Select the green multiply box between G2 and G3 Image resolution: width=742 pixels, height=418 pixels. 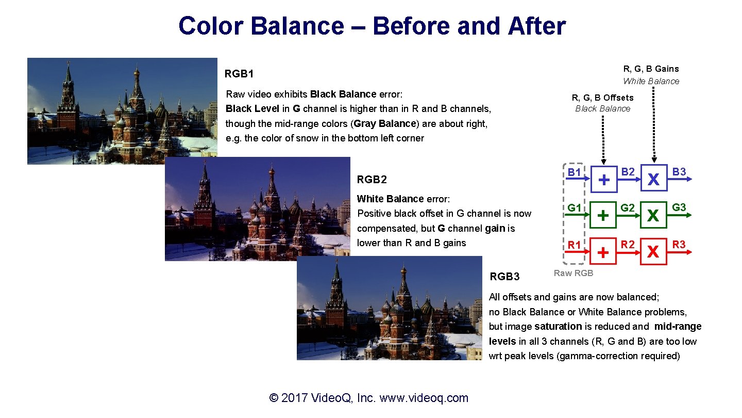(x=653, y=215)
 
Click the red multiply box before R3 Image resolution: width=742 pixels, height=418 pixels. (x=653, y=251)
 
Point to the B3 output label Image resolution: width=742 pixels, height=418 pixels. (x=679, y=172)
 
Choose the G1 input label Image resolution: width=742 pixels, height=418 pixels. (x=575, y=208)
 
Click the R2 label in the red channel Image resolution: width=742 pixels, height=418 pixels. (x=627, y=244)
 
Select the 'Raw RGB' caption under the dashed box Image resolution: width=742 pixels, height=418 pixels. (x=573, y=273)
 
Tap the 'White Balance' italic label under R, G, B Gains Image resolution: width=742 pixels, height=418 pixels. (x=651, y=81)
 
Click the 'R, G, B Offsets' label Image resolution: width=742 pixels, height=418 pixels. (x=602, y=98)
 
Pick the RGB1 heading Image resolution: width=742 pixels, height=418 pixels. (x=239, y=74)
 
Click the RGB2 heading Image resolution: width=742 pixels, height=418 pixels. (x=372, y=180)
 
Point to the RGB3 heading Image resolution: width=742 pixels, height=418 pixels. (x=504, y=277)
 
